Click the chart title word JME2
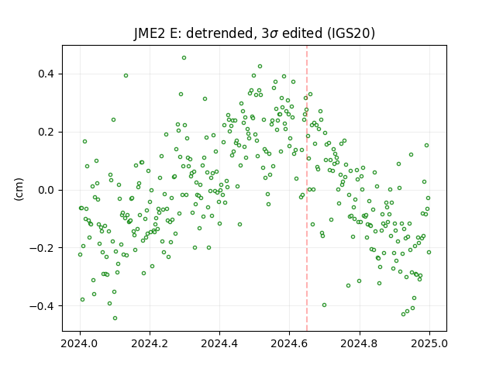pyautogui.click(x=150, y=33)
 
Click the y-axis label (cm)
pyautogui.click(x=19, y=189)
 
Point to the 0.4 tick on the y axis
pyautogui.click(x=46, y=74)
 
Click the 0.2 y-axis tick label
pyautogui.click(x=46, y=132)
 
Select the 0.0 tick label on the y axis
pyautogui.click(x=46, y=190)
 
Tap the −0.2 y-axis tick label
pyautogui.click(x=42, y=248)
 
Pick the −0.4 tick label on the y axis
pyautogui.click(x=42, y=306)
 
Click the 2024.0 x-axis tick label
pyautogui.click(x=80, y=343)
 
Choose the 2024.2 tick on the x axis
pyautogui.click(x=150, y=343)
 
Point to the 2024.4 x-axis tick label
pyautogui.click(x=219, y=343)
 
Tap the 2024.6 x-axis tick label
pyautogui.click(x=289, y=343)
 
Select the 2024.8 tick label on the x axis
pyautogui.click(x=359, y=343)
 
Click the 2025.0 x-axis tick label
pyautogui.click(x=429, y=343)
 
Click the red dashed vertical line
pyautogui.click(x=307, y=188)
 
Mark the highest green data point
pyautogui.click(x=184, y=58)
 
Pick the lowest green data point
pyautogui.click(x=115, y=319)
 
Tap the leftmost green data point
pyautogui.click(x=80, y=255)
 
